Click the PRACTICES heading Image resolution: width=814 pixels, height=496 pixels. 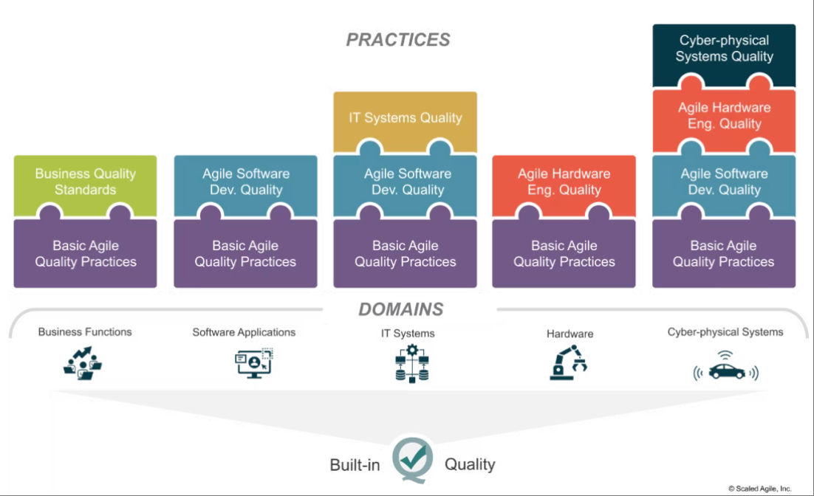pyautogui.click(x=398, y=40)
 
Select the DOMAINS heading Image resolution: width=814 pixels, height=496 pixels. pyautogui.click(x=401, y=309)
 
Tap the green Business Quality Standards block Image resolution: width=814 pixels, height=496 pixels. pyautogui.click(x=85, y=185)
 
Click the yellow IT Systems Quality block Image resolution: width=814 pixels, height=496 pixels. pyautogui.click(x=405, y=120)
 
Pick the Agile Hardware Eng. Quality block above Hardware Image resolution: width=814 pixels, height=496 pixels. pyautogui.click(x=564, y=185)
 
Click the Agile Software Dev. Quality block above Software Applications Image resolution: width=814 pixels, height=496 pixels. pyautogui.click(x=245, y=185)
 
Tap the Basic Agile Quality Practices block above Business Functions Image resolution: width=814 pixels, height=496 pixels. pyautogui.click(x=85, y=254)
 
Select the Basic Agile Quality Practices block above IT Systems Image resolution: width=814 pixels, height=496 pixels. pyautogui.click(x=405, y=254)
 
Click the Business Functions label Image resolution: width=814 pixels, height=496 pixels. pyautogui.click(x=85, y=332)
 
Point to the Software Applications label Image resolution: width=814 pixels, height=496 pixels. pyautogui.click(x=244, y=333)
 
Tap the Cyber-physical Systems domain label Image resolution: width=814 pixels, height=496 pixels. pyautogui.click(x=725, y=332)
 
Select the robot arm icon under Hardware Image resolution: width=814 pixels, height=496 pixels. pyautogui.click(x=568, y=362)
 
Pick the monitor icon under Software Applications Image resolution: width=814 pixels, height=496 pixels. pyautogui.click(x=254, y=363)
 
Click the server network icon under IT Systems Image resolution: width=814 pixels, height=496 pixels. pyautogui.click(x=412, y=364)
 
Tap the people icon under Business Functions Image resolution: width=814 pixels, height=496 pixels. pyautogui.click(x=83, y=363)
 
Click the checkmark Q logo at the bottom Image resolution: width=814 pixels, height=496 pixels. pyautogui.click(x=412, y=460)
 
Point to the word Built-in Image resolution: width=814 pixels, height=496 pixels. pyautogui.click(x=355, y=465)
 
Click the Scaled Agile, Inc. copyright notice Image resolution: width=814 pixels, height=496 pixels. pyautogui.click(x=759, y=489)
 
